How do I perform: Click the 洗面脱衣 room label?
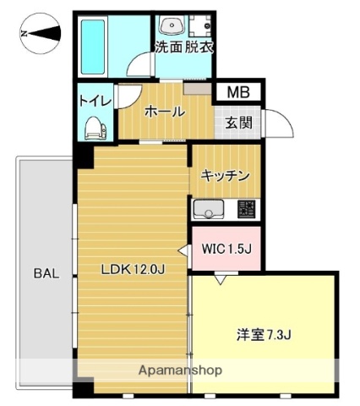(183, 47)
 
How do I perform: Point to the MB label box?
(237, 91)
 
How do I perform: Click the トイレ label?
(94, 101)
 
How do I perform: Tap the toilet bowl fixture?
(95, 128)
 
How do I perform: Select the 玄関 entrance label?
(238, 121)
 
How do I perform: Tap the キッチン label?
(224, 176)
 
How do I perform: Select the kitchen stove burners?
(246, 209)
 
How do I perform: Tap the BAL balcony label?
(46, 273)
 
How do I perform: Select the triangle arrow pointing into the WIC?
(183, 249)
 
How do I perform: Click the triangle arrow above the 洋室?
(220, 277)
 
